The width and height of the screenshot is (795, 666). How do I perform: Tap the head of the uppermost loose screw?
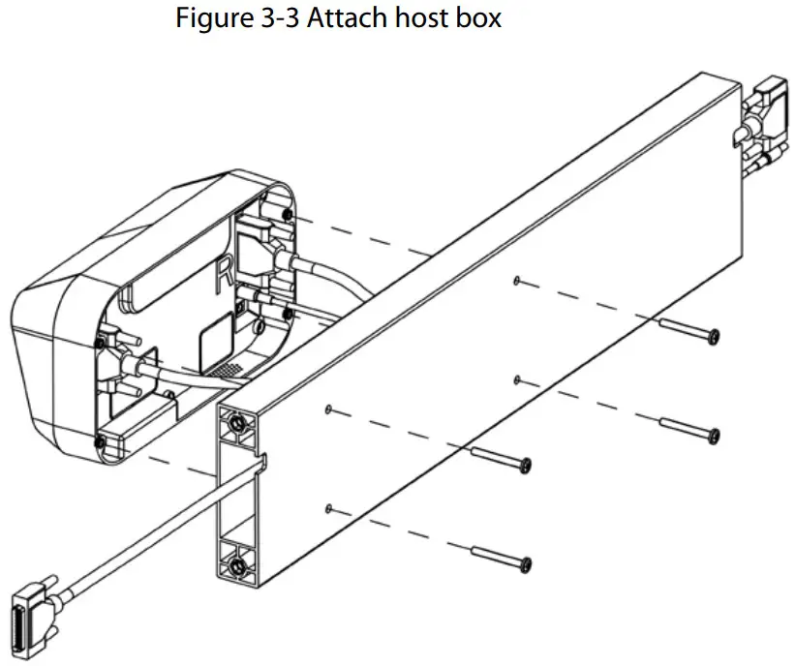[x=714, y=335]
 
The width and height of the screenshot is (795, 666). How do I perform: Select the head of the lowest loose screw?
[x=526, y=562]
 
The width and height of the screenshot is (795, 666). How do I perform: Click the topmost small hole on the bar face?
[x=518, y=281]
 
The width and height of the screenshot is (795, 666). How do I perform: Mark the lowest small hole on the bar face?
[x=330, y=507]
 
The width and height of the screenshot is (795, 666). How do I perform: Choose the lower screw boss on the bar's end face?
[x=236, y=561]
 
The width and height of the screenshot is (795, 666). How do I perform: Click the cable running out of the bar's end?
[x=145, y=524]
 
